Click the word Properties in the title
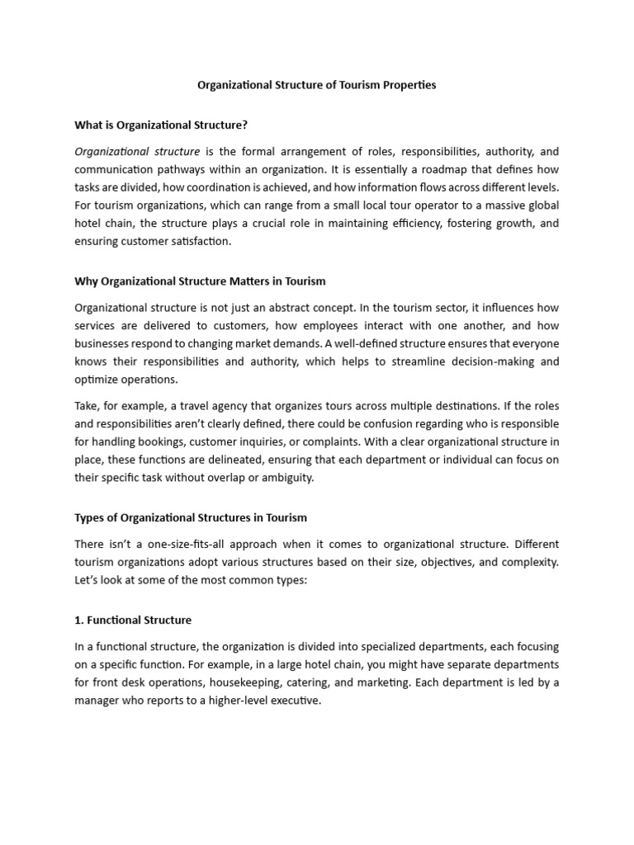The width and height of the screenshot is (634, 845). pos(407,85)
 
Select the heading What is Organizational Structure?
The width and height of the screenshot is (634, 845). pos(161,125)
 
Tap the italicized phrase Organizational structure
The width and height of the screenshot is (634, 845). pos(137,152)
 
